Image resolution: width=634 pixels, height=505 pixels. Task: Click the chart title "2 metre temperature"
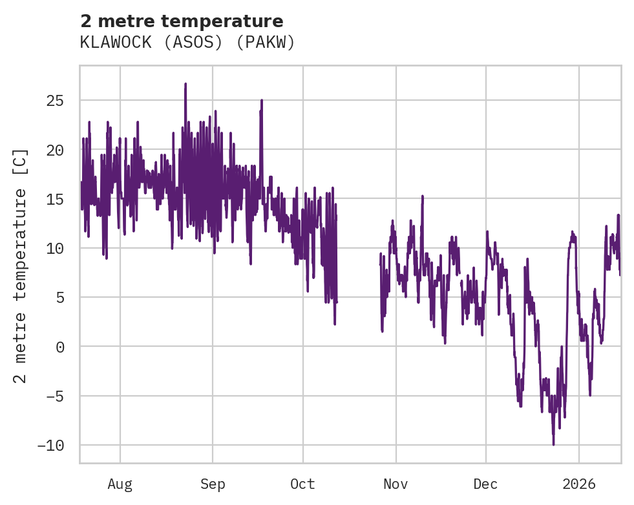tap(182, 21)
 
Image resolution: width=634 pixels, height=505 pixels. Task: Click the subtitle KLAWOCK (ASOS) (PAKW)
tap(187, 43)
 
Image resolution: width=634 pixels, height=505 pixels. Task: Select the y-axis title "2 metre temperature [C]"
tap(21, 265)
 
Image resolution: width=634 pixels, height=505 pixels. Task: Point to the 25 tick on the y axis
tap(55, 101)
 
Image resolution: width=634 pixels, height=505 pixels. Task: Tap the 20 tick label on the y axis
tap(55, 150)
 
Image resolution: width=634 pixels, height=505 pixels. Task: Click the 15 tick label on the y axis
tap(55, 199)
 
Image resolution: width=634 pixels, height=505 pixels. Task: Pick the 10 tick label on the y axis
tap(55, 248)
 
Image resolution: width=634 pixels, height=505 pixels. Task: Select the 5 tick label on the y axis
tap(59, 298)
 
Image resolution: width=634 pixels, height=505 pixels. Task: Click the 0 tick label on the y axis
tap(59, 347)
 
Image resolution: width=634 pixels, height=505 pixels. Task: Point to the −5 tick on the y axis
tap(55, 396)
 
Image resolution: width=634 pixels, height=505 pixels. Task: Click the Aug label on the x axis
tap(120, 484)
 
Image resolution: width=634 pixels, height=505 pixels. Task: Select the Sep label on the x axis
tap(213, 484)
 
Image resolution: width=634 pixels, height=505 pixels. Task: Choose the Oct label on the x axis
tap(302, 484)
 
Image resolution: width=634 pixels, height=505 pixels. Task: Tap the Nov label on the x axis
tap(396, 484)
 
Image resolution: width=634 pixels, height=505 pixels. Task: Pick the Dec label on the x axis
tap(485, 484)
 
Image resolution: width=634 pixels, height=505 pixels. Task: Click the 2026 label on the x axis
tap(579, 484)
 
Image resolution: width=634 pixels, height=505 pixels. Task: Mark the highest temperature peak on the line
tap(185, 84)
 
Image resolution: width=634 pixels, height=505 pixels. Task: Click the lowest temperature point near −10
tap(553, 444)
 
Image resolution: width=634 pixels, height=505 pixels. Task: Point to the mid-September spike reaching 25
tap(262, 101)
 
